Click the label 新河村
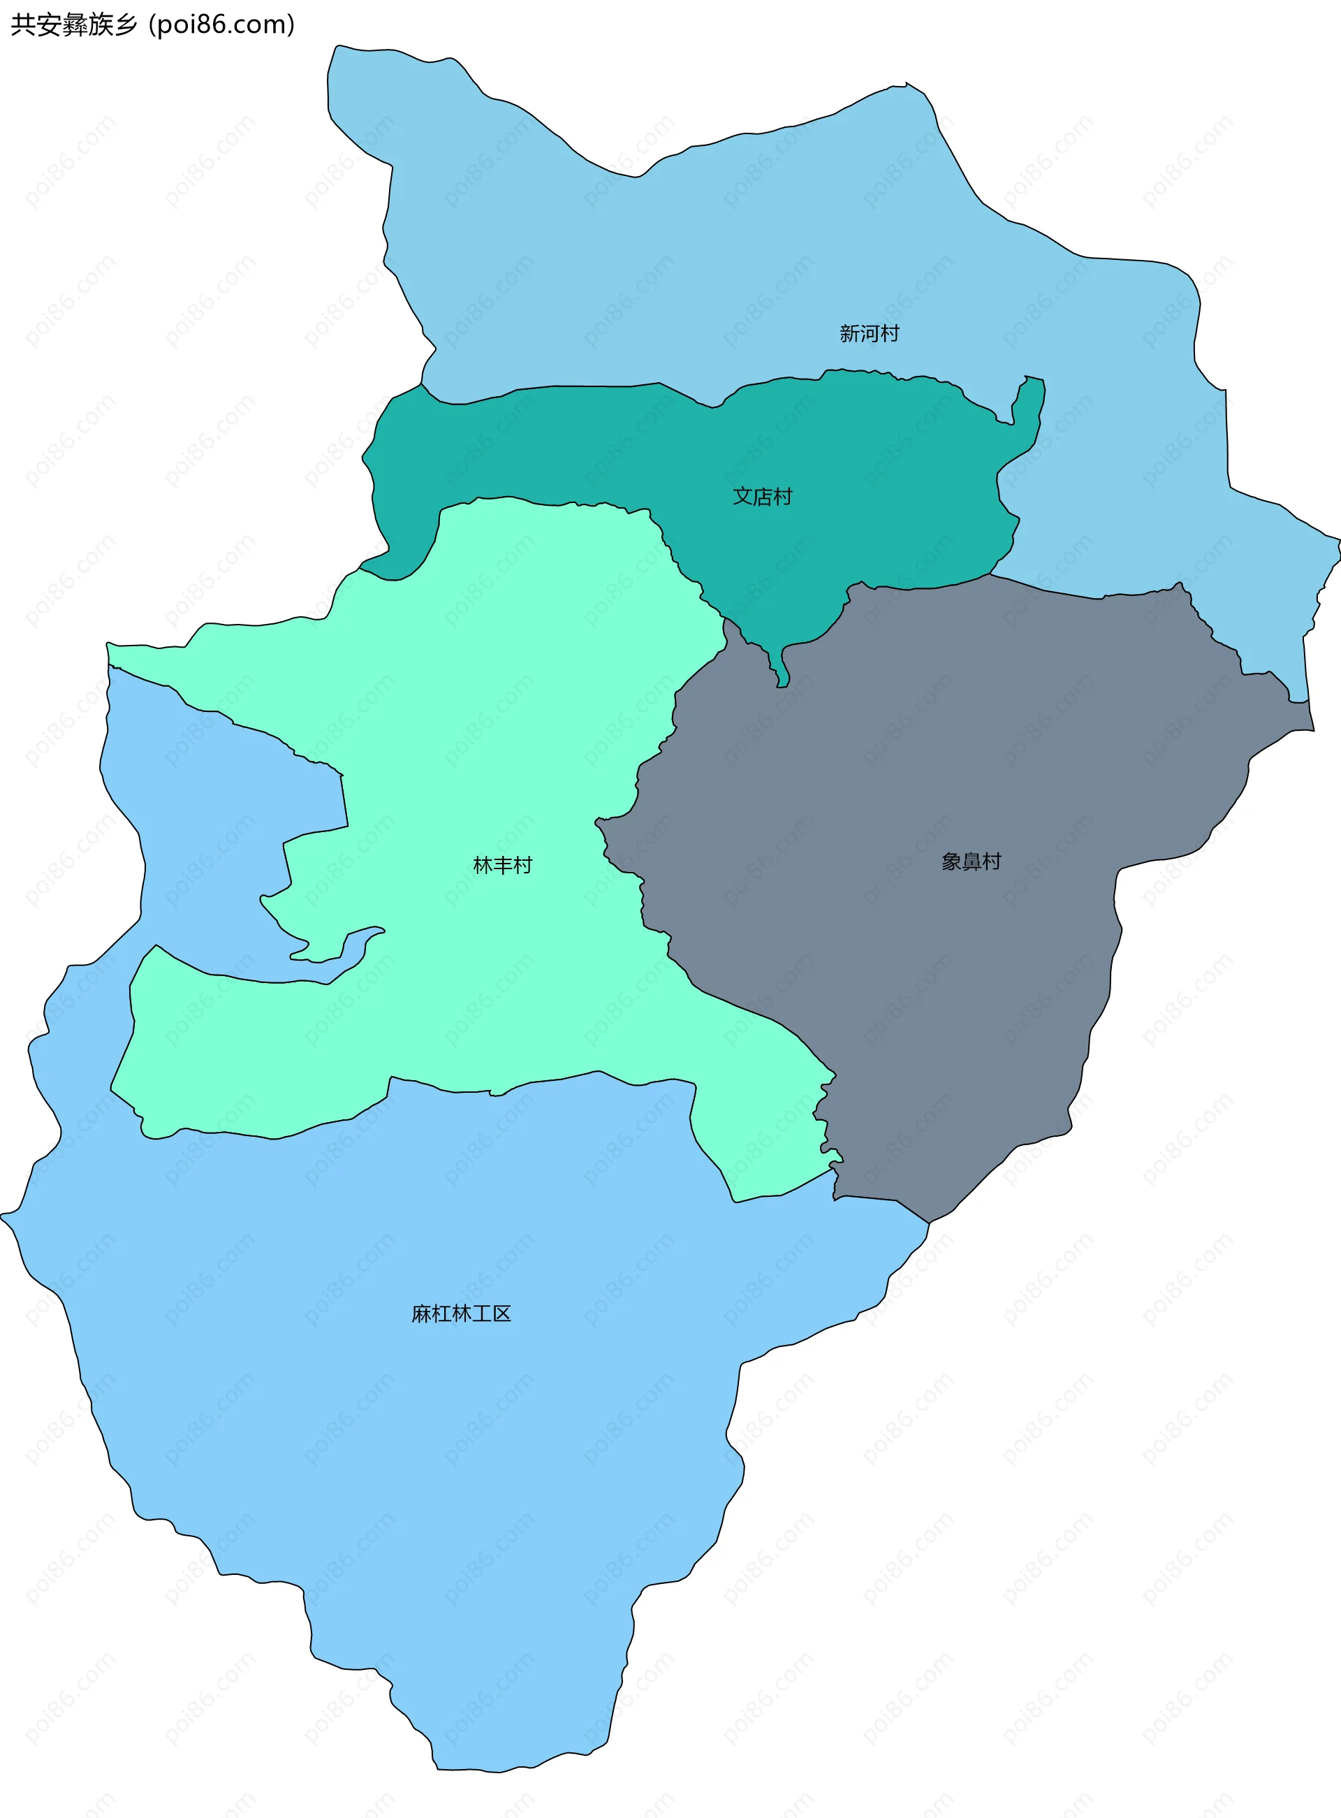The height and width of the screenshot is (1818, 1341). (869, 334)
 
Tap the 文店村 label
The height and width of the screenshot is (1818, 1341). (762, 496)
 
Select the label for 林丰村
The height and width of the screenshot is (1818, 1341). (502, 866)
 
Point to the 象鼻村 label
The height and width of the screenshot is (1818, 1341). (971, 861)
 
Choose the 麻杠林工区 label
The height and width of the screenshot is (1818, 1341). (461, 1314)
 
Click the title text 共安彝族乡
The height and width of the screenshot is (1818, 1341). (74, 25)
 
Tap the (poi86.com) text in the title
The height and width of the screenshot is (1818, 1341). (221, 25)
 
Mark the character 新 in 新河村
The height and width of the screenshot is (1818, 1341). (849, 334)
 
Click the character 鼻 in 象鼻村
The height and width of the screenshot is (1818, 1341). (971, 861)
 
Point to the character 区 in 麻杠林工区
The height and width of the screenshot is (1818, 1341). (501, 1314)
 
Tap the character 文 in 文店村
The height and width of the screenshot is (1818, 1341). (742, 496)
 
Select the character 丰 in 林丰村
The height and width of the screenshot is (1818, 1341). (502, 866)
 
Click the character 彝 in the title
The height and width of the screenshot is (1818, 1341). (74, 25)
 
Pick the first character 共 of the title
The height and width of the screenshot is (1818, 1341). (22, 25)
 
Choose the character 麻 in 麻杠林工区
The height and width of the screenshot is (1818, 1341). (421, 1314)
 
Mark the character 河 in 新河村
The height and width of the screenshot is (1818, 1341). (869, 334)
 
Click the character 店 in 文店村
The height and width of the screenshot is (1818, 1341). (762, 496)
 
